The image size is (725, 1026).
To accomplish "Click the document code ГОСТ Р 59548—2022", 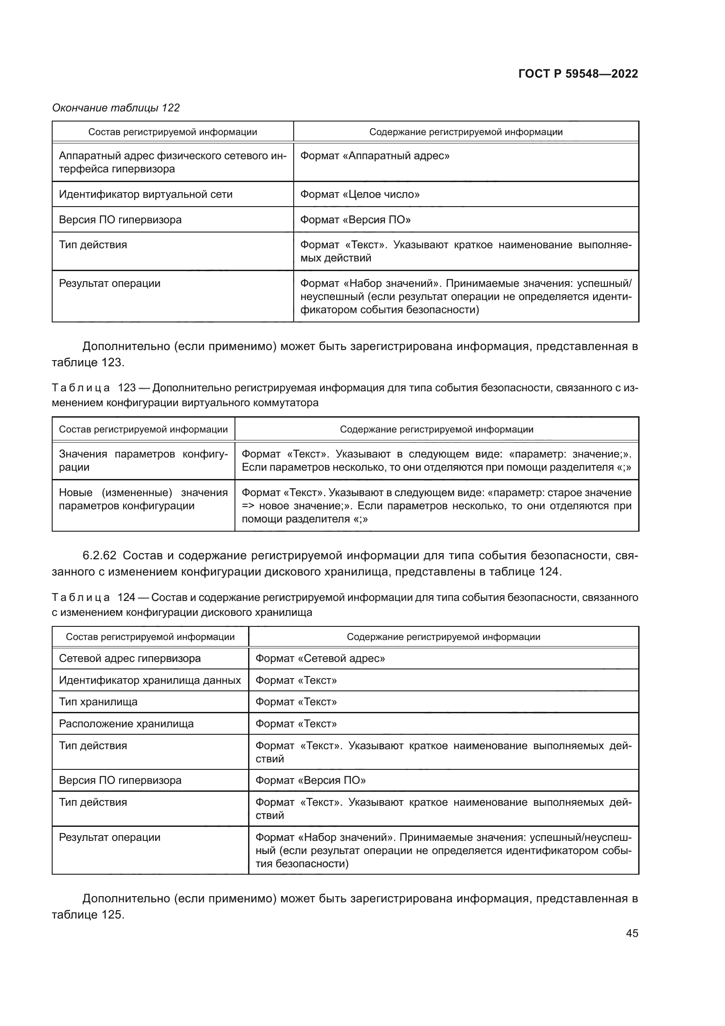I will tap(578, 74).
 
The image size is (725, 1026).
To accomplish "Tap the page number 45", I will tap(632, 933).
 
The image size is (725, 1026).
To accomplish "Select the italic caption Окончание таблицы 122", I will tap(116, 108).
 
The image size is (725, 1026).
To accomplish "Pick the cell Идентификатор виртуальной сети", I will tap(146, 194).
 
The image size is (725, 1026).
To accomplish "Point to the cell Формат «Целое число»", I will tap(360, 194).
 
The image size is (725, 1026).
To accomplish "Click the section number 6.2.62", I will tap(99, 555).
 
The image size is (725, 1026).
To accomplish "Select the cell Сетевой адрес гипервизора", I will tap(130, 658).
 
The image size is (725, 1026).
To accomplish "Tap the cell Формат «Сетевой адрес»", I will tap(320, 658).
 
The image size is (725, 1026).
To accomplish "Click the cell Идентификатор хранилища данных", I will tap(149, 680).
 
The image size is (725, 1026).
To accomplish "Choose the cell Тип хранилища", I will tap(98, 701).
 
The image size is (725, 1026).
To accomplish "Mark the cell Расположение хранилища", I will tap(126, 723).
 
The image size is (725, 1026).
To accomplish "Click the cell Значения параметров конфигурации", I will tap(143, 461).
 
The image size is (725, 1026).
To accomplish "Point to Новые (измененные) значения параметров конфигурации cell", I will tap(143, 499).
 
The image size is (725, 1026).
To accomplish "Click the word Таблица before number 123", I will tap(81, 388).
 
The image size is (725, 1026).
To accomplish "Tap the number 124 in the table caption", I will tap(126, 597).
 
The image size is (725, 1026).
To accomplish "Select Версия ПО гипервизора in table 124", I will tap(120, 780).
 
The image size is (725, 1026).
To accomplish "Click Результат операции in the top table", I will tap(110, 284).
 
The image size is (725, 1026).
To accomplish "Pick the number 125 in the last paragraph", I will tap(110, 914).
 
